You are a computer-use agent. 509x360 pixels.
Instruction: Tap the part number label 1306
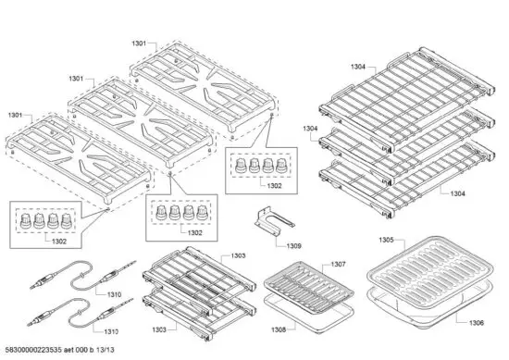point(476,322)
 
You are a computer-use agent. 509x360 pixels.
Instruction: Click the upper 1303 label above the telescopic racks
point(238,255)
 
